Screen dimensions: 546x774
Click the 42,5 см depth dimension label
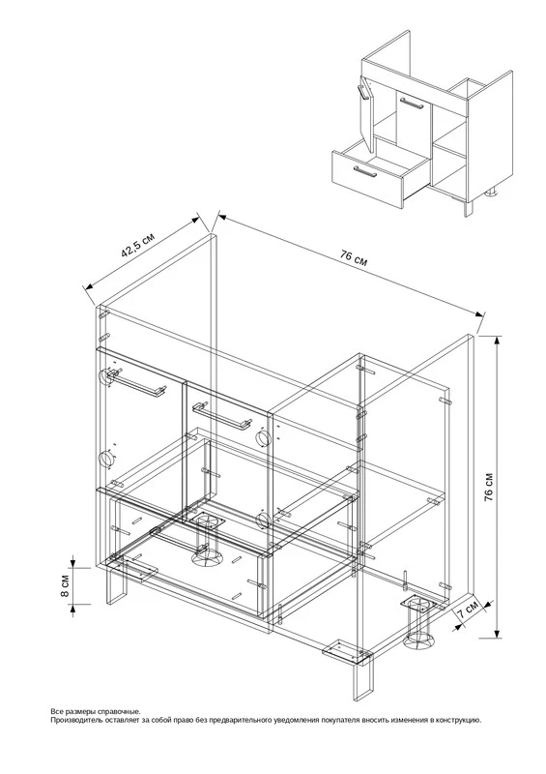137,245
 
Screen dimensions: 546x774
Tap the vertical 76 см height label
489,488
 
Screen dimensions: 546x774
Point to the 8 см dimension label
65,586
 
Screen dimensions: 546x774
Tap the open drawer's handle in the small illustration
364,171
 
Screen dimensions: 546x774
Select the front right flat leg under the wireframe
361,682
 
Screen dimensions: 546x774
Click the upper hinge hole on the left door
106,377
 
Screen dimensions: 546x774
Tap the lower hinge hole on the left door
105,459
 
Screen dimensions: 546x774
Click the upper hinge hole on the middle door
262,437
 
